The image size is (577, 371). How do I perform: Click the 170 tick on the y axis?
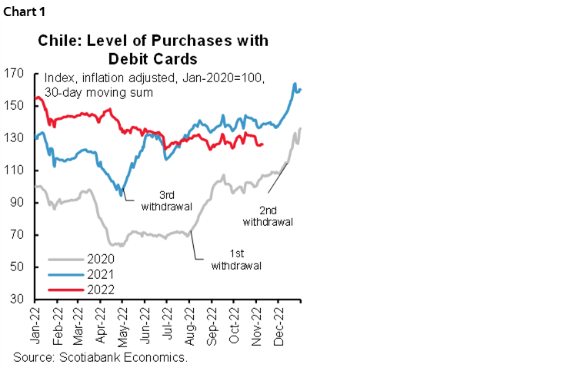tap(19, 74)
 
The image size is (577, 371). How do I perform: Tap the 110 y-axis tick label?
tap(19, 170)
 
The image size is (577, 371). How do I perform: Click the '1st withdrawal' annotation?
tap(235, 260)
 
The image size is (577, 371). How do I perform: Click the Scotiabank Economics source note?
tap(101, 358)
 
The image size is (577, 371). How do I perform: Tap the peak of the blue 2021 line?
tap(295, 84)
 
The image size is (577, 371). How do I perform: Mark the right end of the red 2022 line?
tap(263, 144)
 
